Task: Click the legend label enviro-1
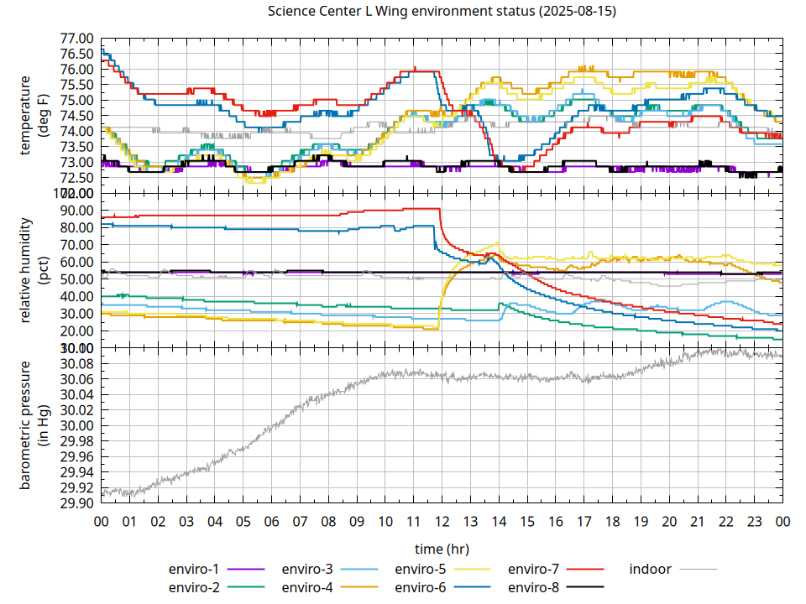coord(194,569)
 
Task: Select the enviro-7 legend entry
coord(534,569)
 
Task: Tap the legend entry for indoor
coord(650,569)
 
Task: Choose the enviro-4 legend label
coord(307,587)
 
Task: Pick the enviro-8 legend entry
coord(534,587)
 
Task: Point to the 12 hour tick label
coord(442,521)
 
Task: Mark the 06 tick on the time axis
coord(271,521)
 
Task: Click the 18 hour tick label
coord(612,521)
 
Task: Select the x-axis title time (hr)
coord(442,549)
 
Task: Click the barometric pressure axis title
coord(36,425)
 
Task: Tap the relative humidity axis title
coord(36,270)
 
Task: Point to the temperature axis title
coord(36,116)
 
